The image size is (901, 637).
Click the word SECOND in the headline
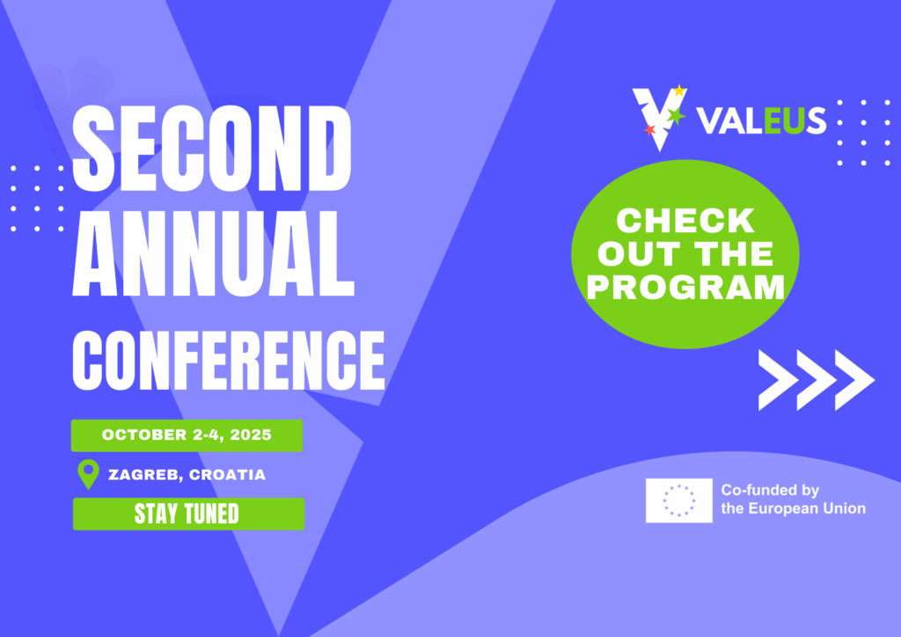214,148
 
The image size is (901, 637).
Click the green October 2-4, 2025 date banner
187,435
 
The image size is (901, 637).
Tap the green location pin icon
88,473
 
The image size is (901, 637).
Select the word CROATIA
227,475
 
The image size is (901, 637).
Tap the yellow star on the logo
678,91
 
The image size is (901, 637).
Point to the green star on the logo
676,115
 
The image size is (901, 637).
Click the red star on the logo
649,130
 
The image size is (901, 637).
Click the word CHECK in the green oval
685,221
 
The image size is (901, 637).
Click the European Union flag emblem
678,501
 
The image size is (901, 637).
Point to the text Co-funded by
769,491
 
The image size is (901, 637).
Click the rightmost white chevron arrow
853,380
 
